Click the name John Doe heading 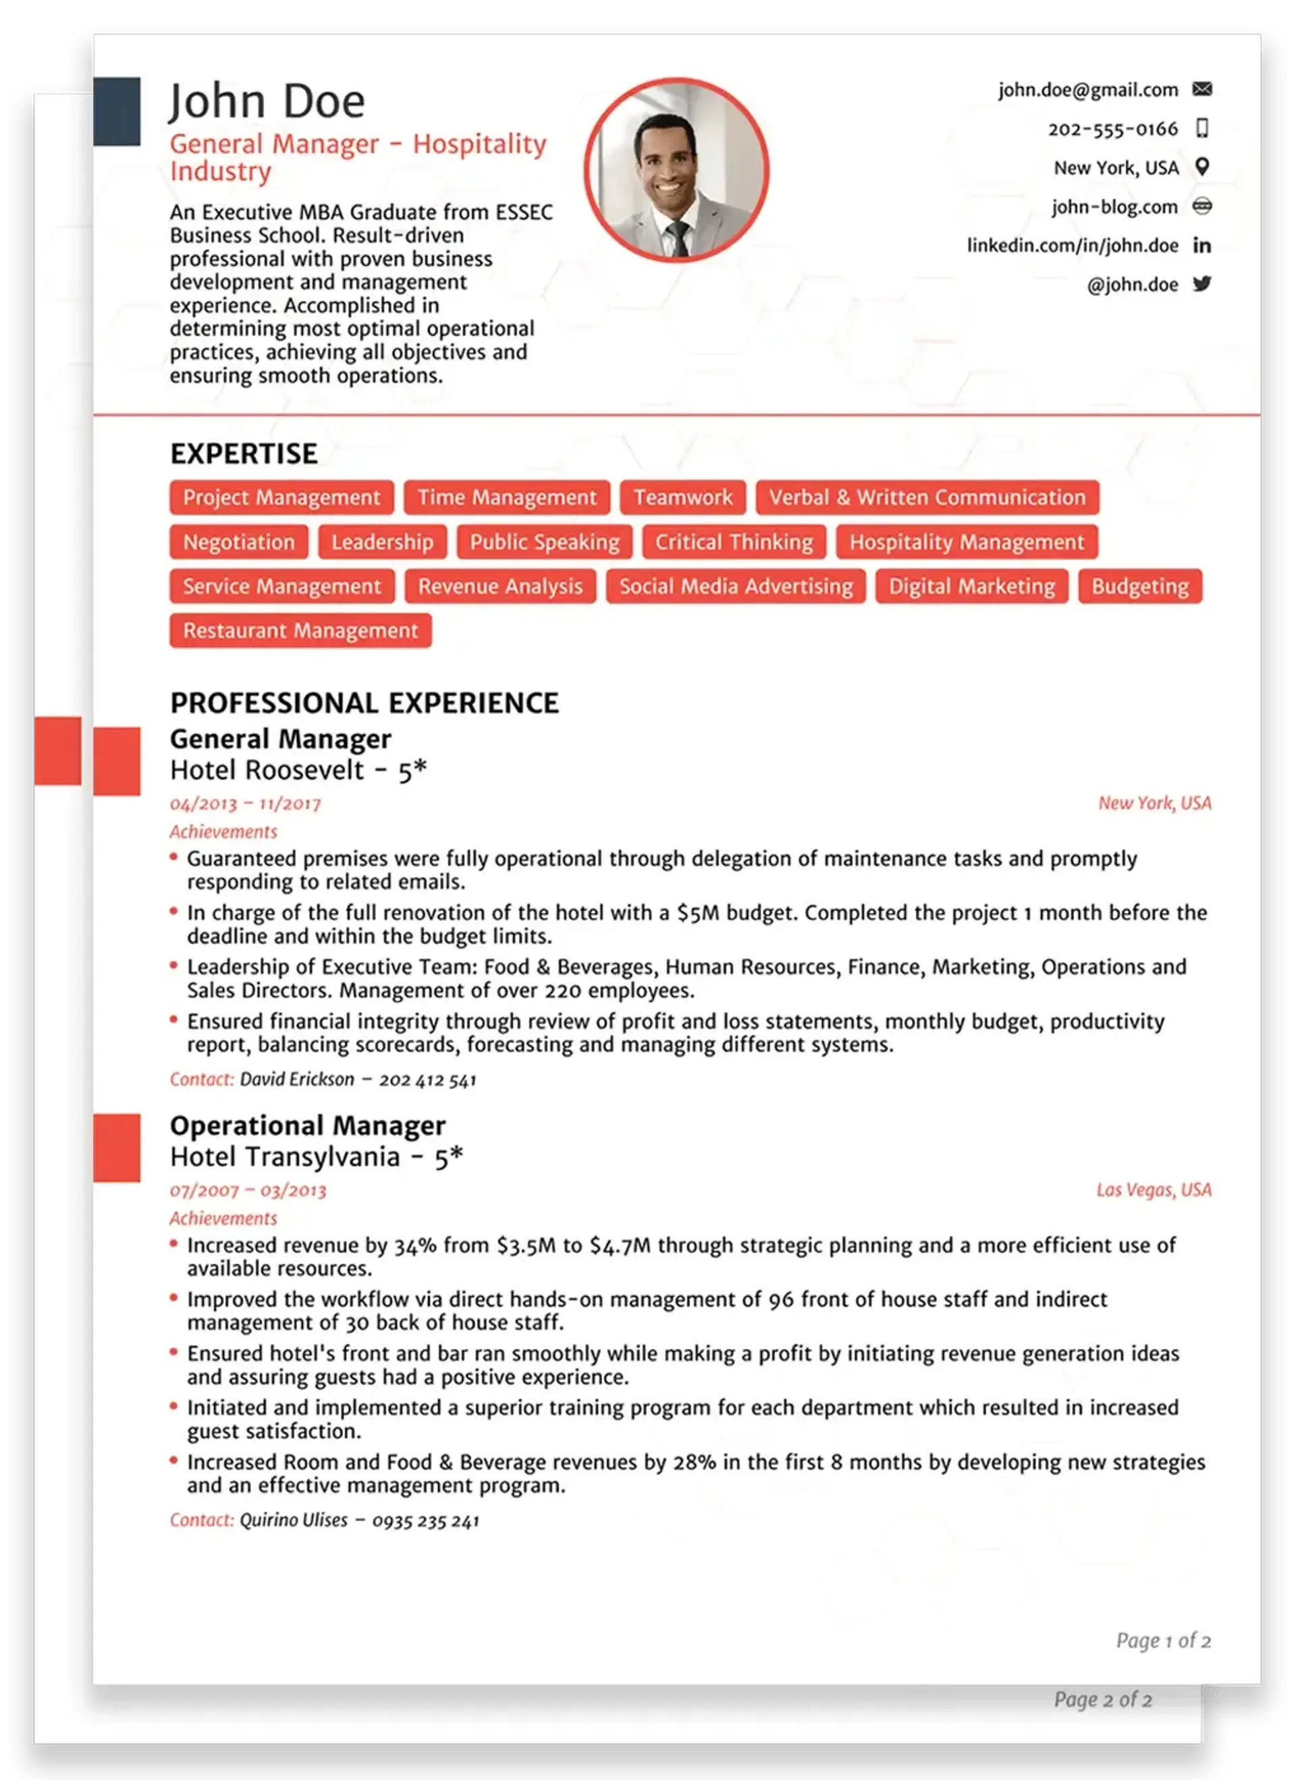click(267, 102)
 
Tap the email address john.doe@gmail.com click(1088, 90)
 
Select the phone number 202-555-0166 click(1112, 129)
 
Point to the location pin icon click(1201, 167)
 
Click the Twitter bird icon click(1201, 283)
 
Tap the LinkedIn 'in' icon click(1201, 246)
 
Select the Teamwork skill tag click(683, 497)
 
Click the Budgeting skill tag click(1140, 586)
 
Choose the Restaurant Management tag click(300, 631)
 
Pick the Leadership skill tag click(382, 543)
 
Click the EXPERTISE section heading click(244, 453)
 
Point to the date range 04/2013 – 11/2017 click(246, 804)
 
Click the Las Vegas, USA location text click(1153, 1190)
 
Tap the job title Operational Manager click(308, 1125)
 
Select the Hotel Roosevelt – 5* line click(298, 771)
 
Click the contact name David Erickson click(297, 1080)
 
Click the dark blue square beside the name click(117, 111)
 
